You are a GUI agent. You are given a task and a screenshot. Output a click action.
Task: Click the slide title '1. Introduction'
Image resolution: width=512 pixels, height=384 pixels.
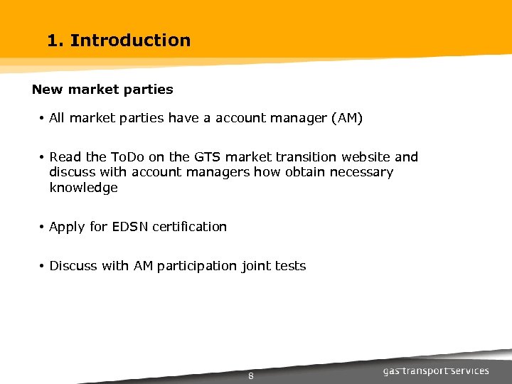coord(119,41)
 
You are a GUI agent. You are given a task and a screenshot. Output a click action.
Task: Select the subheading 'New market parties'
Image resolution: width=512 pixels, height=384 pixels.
coord(102,90)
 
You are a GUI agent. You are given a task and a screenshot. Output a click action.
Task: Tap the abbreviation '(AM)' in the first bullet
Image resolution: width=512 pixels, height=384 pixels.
coord(347,118)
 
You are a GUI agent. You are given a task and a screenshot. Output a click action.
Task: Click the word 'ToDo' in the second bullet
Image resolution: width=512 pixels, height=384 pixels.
coord(129,157)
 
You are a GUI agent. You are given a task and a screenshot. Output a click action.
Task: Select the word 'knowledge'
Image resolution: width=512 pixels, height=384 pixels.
coord(83,188)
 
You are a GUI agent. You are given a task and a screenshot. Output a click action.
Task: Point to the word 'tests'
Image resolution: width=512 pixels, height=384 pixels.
coord(292,266)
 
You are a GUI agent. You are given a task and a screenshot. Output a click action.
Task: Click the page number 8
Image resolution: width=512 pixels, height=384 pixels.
coord(251,376)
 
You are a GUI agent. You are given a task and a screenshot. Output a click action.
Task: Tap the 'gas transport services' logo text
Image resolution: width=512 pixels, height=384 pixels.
coord(436,371)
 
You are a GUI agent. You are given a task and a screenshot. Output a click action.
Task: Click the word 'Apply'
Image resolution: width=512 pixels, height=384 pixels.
coord(67,227)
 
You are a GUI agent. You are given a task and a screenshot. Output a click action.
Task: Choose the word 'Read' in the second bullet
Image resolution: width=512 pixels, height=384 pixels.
coord(65,157)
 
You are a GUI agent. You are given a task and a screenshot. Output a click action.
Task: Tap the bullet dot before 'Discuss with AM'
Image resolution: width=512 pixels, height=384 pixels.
coord(43,266)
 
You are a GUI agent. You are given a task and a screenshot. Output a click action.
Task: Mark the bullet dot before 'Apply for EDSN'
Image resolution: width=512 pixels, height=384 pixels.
coord(43,227)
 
